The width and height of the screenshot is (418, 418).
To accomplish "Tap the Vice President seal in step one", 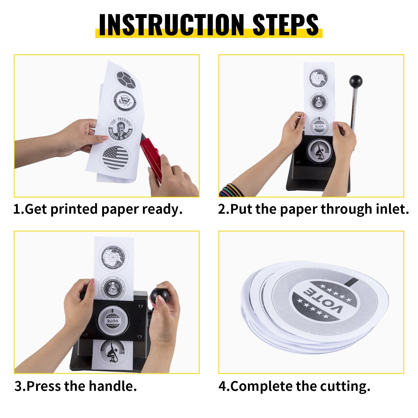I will [126, 101].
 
